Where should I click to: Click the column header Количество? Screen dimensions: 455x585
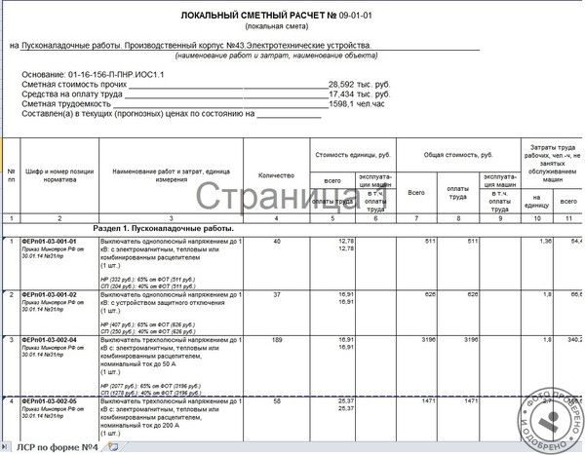[x=276, y=174]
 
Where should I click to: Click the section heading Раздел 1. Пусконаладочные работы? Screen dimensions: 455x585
[x=163, y=226]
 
